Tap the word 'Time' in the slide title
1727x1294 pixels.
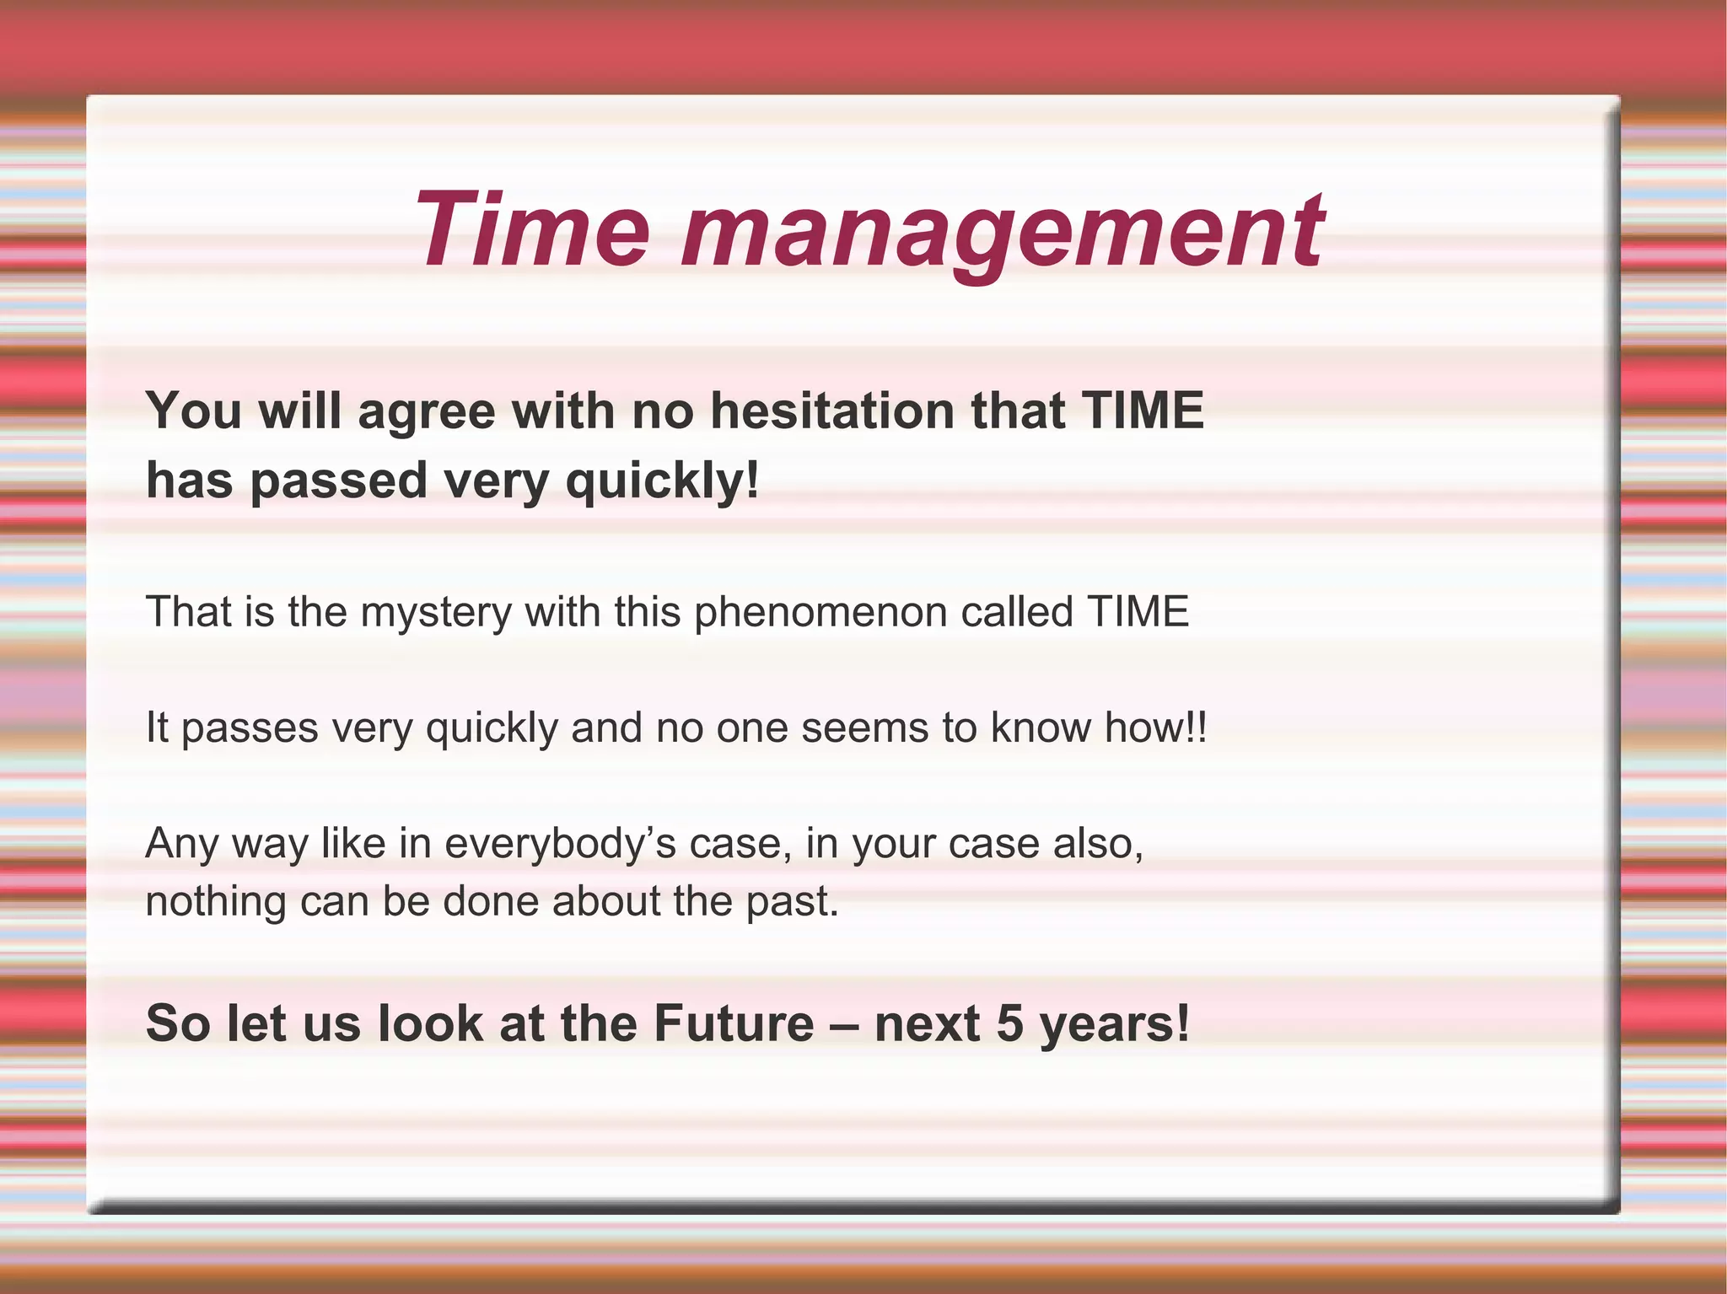click(531, 229)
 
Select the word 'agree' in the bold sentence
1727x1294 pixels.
click(426, 413)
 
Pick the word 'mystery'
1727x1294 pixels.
click(436, 614)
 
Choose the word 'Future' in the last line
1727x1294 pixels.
click(734, 1023)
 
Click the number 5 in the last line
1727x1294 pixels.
click(1009, 1023)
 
